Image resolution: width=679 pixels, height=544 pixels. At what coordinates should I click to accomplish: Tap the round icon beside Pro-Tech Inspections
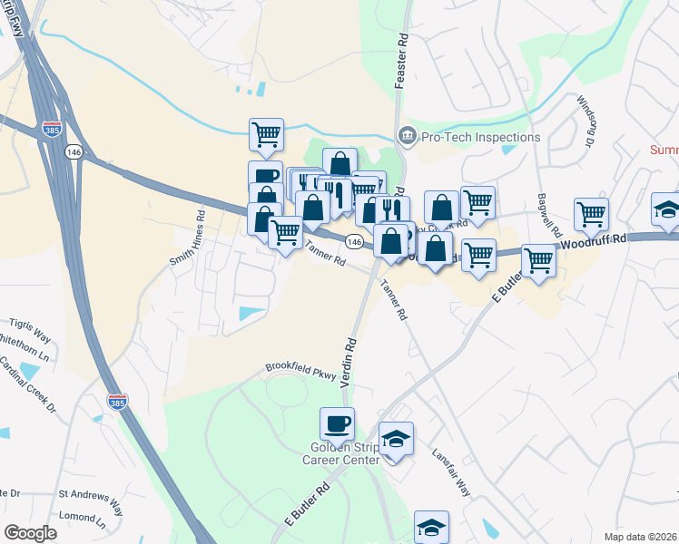[407, 137]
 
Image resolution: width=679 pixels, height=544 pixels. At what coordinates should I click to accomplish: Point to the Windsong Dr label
[582, 121]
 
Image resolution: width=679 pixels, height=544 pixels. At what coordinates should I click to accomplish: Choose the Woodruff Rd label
[595, 241]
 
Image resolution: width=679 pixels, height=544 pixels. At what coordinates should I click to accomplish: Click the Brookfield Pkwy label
[300, 369]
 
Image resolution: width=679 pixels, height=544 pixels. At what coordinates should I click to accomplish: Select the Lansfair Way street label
[452, 471]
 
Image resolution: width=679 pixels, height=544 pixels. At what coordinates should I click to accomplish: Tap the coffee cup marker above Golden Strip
[337, 423]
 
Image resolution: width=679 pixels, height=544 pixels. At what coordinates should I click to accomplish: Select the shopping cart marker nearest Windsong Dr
[591, 214]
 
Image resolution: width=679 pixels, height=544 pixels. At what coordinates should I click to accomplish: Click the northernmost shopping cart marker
[267, 135]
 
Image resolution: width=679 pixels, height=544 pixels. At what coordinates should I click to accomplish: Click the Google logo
[30, 532]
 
